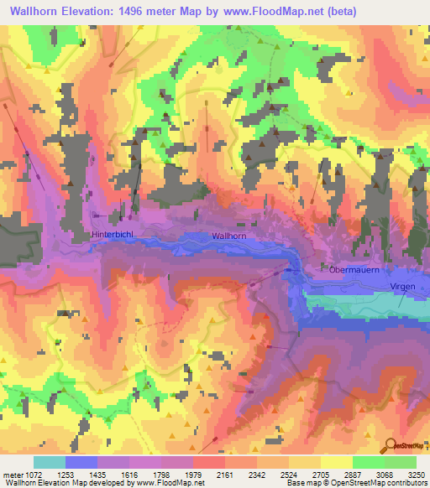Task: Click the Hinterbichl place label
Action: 113,236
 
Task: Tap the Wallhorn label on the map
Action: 229,236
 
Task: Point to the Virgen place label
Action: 403,286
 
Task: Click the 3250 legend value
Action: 415,474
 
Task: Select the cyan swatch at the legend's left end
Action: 49,462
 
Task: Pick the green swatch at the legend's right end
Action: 400,462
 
